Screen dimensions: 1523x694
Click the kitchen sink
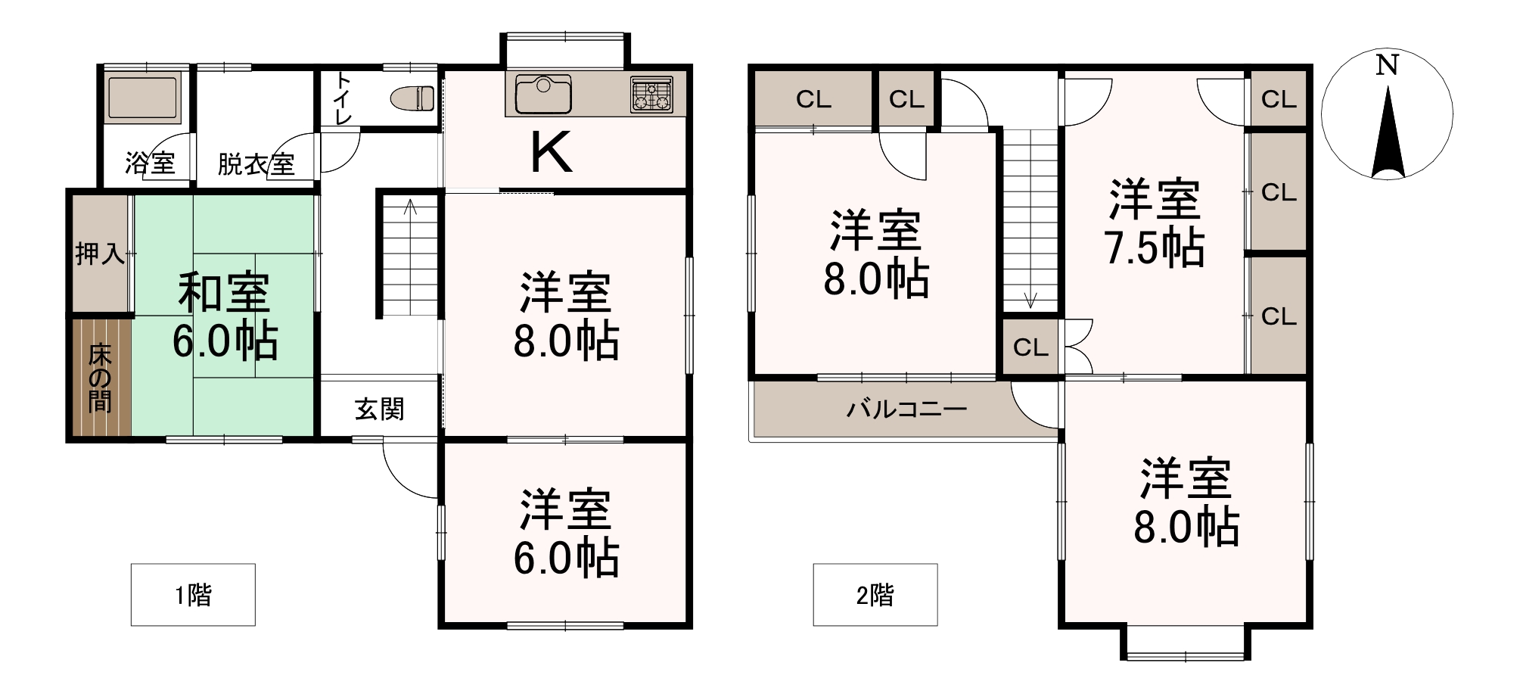click(x=542, y=94)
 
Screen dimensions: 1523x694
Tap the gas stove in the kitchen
click(x=651, y=95)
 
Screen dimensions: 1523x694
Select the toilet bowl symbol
click(x=412, y=98)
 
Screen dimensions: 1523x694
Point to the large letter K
click(x=551, y=153)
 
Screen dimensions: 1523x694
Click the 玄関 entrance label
click(x=380, y=409)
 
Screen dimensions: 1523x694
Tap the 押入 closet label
click(x=100, y=254)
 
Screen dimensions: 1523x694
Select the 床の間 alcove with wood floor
click(x=101, y=378)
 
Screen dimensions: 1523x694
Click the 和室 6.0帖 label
click(x=225, y=317)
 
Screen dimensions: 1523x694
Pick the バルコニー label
click(x=906, y=409)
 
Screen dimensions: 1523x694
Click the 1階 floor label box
click(x=193, y=595)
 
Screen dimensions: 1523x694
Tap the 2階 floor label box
click(x=875, y=595)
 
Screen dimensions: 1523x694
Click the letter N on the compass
click(x=1387, y=65)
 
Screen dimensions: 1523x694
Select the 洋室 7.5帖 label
click(x=1155, y=223)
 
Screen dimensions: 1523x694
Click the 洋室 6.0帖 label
click(x=566, y=534)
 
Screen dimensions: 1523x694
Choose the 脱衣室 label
click(x=256, y=164)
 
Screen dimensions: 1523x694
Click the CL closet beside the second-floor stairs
click(x=1031, y=347)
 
